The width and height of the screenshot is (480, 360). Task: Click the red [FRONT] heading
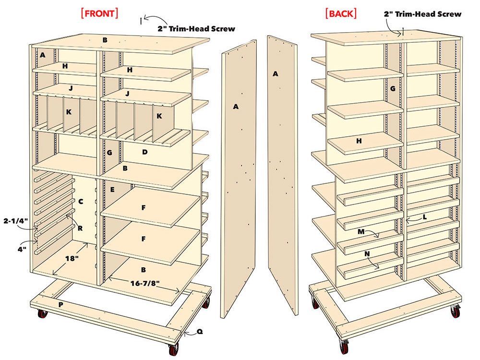tap(100, 13)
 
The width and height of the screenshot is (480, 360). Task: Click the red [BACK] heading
tap(341, 13)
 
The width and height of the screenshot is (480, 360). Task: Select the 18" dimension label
tap(72, 258)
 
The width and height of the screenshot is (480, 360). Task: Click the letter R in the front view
tap(80, 228)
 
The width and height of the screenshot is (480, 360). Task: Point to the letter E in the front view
tap(112, 189)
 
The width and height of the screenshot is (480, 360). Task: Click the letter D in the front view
tap(144, 152)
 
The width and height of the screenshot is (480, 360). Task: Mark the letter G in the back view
tap(393, 88)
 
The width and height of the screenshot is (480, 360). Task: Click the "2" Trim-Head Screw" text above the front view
tap(196, 28)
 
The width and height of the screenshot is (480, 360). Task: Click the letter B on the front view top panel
tap(104, 39)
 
